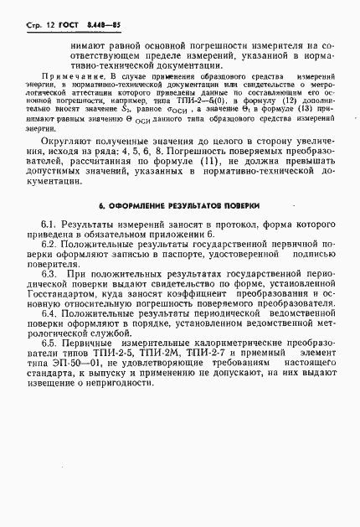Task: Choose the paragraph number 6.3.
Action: point(49,273)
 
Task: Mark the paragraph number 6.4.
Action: point(49,313)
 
